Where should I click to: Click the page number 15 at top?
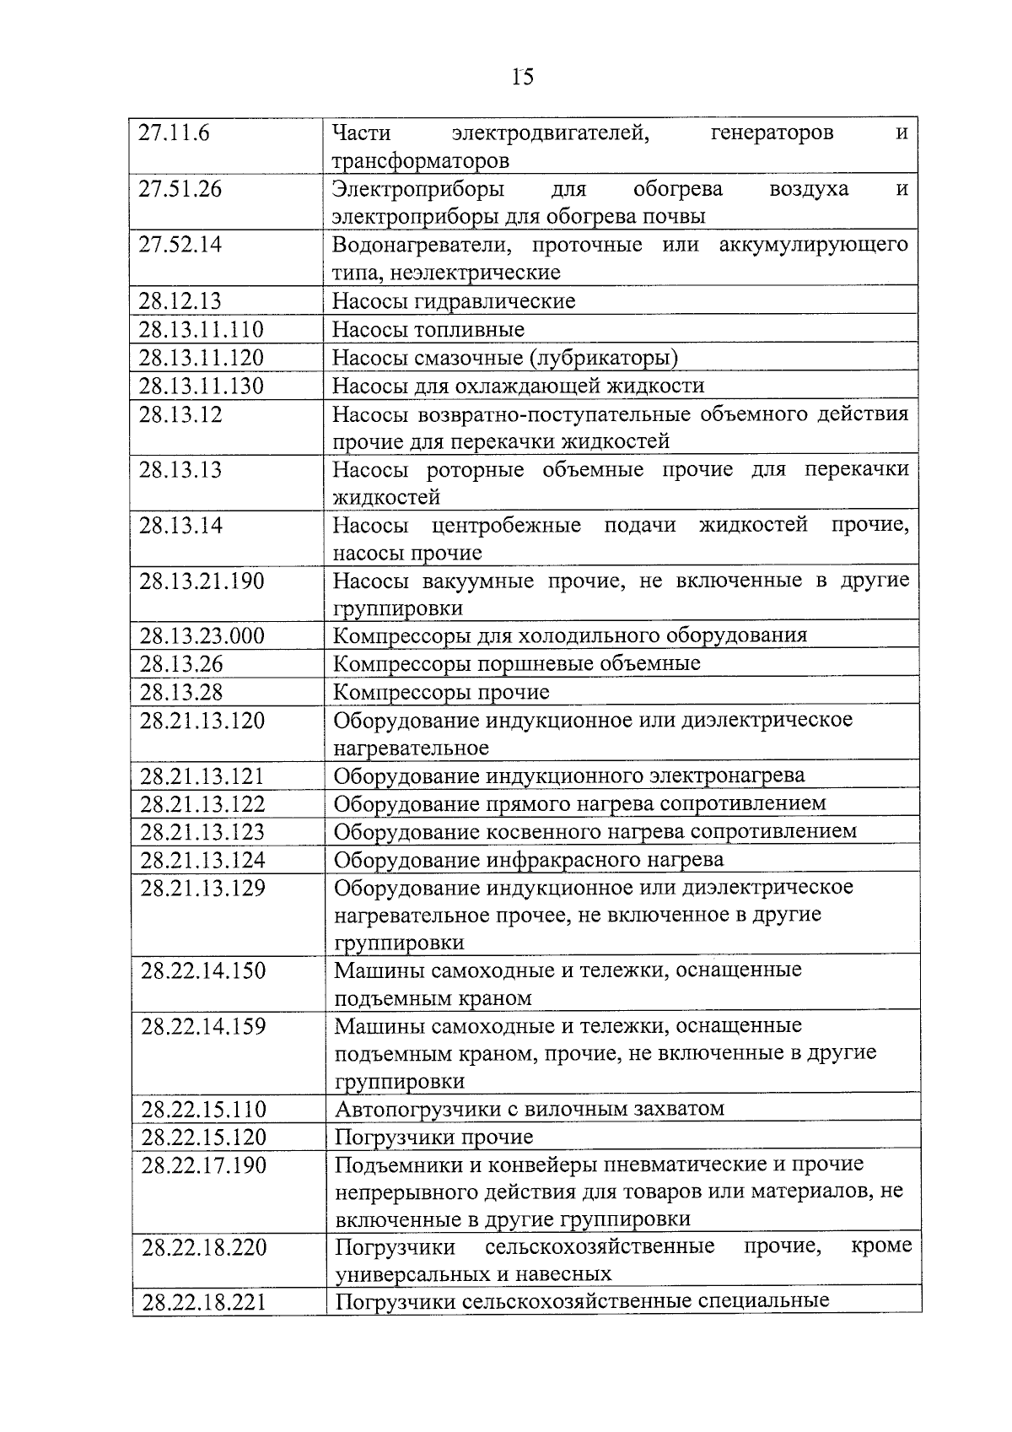point(522,78)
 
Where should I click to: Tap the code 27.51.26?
point(180,189)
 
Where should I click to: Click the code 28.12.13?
point(180,301)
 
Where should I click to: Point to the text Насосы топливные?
point(428,330)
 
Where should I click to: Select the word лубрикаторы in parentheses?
point(604,358)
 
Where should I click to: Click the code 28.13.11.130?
point(202,386)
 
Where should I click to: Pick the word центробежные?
point(506,526)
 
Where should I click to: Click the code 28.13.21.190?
point(202,581)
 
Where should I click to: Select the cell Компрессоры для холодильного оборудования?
point(570,635)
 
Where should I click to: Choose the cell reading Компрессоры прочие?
point(442,693)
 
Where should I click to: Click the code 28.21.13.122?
point(202,804)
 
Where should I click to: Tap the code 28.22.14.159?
point(203,1027)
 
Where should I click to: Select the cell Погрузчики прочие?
point(434,1137)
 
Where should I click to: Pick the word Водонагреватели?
point(417,246)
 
